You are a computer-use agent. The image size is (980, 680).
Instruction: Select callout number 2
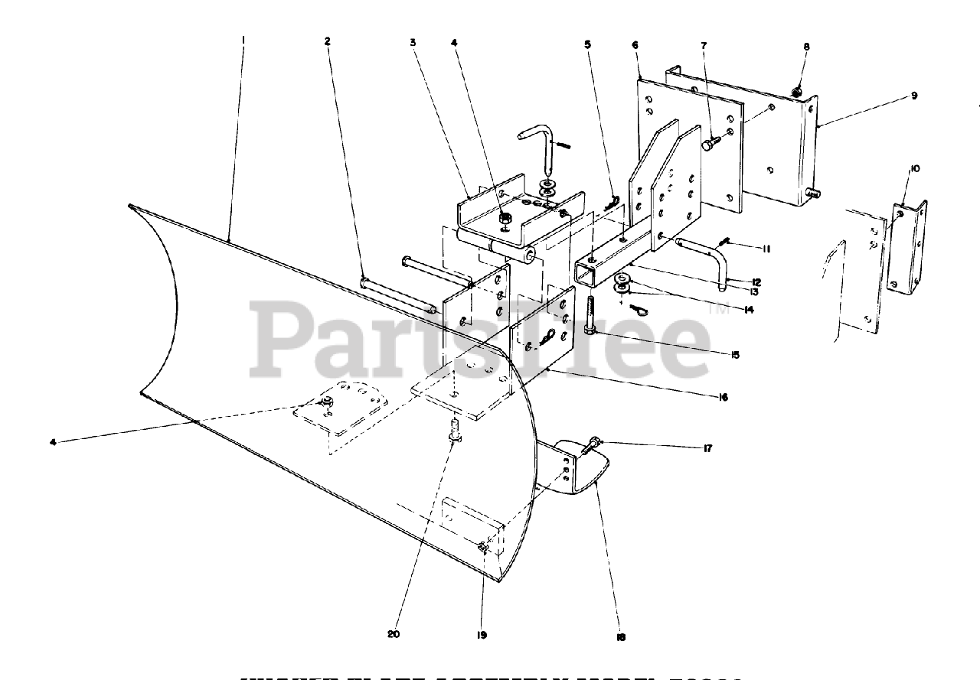point(327,42)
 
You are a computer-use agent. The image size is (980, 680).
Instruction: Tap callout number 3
point(413,43)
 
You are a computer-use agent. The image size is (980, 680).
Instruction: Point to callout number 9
point(913,96)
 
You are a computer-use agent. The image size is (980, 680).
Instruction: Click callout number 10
point(915,168)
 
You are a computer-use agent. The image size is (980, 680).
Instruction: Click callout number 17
point(708,448)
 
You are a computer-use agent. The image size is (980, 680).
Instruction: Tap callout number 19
point(482,634)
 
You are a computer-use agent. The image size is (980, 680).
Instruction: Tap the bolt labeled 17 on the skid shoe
point(593,443)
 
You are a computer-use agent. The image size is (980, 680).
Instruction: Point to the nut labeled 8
point(798,93)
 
